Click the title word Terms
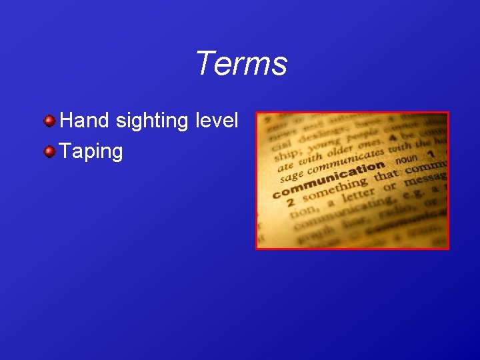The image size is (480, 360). (241, 64)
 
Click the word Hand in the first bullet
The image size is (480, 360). (85, 121)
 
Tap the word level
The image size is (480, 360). (217, 121)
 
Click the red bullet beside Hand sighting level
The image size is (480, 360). (49, 121)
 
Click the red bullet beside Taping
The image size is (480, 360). (49, 151)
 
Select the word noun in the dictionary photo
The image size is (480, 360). (406, 161)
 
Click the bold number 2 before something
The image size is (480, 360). (291, 201)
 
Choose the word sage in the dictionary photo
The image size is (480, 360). (291, 177)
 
